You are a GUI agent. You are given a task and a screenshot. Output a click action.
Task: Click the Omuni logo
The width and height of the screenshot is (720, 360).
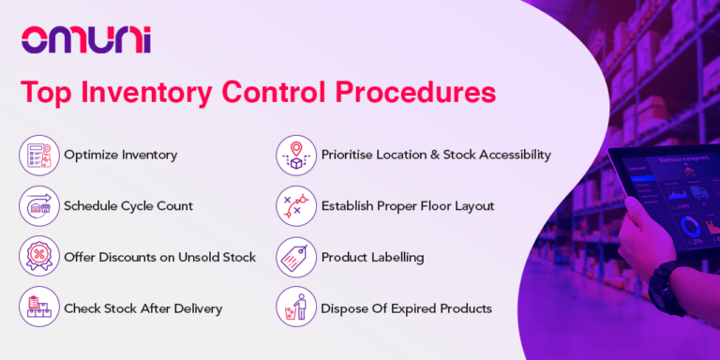click(x=85, y=39)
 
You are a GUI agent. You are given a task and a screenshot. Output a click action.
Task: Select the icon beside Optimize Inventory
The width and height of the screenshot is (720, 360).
click(x=37, y=155)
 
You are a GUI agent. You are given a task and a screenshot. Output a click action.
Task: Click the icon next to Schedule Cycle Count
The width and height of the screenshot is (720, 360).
click(x=37, y=206)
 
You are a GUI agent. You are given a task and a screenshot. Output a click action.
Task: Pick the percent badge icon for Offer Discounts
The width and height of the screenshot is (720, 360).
click(x=37, y=257)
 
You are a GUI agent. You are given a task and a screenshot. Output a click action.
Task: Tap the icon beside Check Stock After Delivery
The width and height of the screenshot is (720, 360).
click(x=37, y=307)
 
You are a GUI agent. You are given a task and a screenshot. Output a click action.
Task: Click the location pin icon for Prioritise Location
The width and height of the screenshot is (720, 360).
click(x=295, y=155)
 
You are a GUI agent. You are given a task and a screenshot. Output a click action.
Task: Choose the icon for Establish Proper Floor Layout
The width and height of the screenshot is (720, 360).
click(x=295, y=206)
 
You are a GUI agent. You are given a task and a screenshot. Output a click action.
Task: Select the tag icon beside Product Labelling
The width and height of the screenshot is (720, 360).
click(x=295, y=257)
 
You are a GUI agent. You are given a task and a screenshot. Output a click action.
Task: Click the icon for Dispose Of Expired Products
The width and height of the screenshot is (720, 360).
click(x=295, y=307)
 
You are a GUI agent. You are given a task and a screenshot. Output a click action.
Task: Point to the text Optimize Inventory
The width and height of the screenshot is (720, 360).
click(x=120, y=155)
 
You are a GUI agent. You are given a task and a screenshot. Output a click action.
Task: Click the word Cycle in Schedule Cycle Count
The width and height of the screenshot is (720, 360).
click(x=149, y=206)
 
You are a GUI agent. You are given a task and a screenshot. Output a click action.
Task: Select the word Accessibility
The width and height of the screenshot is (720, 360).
click(x=508, y=155)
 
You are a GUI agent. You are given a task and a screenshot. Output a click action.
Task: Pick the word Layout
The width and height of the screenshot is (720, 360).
click(x=472, y=206)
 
